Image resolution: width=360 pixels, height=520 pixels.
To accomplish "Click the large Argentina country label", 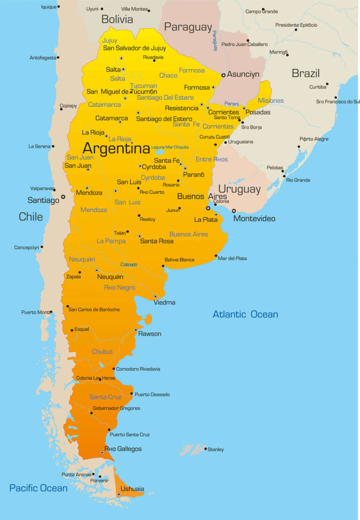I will [x=116, y=148].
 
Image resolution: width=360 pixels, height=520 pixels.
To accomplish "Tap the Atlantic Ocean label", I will [x=245, y=314].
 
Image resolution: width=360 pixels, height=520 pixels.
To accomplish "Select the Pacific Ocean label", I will [x=38, y=488].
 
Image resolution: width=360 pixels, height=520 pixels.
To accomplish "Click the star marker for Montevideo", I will [x=234, y=211].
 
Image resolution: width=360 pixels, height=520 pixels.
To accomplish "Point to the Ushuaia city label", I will [x=132, y=489].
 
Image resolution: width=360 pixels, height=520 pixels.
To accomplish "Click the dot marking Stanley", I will [x=205, y=449].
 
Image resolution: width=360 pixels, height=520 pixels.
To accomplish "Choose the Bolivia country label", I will [x=117, y=20].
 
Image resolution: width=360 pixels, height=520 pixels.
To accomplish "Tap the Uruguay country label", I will [x=239, y=189].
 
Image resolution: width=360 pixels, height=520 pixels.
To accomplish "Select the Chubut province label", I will [x=102, y=352].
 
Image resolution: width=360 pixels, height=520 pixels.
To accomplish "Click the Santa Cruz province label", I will [x=105, y=397].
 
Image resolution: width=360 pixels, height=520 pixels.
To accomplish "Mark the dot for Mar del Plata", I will [x=216, y=256].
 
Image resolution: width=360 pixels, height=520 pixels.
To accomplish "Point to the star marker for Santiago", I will [x=63, y=197].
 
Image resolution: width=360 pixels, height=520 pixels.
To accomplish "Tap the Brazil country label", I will [x=306, y=73].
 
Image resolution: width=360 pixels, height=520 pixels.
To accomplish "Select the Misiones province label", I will [x=270, y=101].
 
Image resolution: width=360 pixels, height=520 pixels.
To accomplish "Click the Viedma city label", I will [x=165, y=302].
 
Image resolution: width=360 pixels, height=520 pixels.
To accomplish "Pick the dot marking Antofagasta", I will [x=58, y=58].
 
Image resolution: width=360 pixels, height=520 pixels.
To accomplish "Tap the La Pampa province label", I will [x=111, y=241].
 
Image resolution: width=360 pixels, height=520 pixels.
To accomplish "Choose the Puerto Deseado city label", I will [x=152, y=394].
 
